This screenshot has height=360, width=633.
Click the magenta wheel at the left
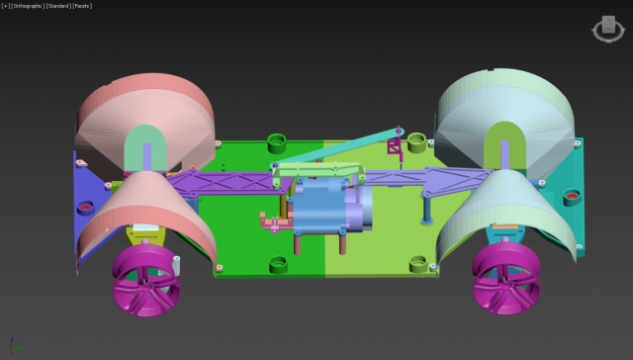point(146,279)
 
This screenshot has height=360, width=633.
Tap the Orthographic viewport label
point(27,5)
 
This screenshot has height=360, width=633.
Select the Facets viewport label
point(82,5)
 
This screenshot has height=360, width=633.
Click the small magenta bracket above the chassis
point(396,149)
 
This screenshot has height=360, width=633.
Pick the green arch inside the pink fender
point(146,146)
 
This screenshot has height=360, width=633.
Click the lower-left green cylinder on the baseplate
point(277,263)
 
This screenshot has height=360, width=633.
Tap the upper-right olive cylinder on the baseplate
point(416,141)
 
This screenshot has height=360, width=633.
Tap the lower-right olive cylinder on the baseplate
point(416,261)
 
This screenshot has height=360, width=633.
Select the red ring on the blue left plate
point(86,208)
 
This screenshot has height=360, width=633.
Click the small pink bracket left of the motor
point(268,222)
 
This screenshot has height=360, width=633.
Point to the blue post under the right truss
point(425,208)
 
